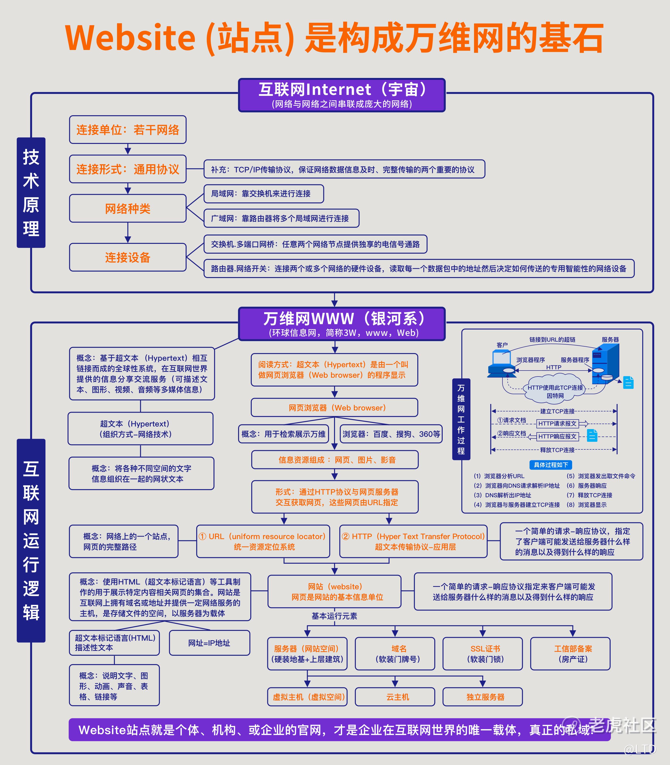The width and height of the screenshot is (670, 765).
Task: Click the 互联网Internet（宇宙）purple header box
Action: click(342, 95)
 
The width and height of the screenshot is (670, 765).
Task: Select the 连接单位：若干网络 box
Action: click(128, 130)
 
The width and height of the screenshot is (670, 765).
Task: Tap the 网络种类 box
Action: click(128, 208)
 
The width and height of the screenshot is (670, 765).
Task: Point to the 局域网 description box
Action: click(264, 193)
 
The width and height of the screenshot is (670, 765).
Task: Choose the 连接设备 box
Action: click(128, 257)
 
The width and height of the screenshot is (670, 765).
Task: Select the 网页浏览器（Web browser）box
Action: click(334, 408)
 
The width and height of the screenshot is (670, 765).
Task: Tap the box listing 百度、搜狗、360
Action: click(391, 434)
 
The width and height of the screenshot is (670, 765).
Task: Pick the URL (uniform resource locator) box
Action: click(263, 541)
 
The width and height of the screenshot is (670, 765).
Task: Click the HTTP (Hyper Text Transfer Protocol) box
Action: click(413, 541)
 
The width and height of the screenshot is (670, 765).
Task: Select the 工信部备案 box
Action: click(570, 654)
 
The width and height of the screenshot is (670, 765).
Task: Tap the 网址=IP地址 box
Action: click(209, 643)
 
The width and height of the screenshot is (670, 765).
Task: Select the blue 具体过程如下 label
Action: click(551, 465)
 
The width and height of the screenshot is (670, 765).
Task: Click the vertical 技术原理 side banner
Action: click(31, 192)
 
